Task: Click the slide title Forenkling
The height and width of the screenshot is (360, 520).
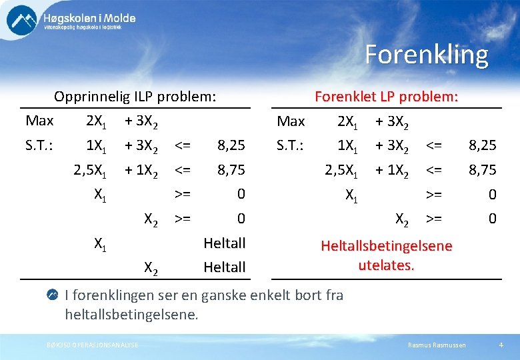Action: point(426,55)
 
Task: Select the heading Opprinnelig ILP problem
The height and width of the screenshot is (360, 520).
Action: point(135,97)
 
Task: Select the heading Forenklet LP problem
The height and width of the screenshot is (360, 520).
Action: point(386,97)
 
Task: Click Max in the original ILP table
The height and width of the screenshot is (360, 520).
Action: point(39,121)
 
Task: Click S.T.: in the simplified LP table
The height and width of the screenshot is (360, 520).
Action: point(291,145)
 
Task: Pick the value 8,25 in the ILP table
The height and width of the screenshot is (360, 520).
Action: point(231,145)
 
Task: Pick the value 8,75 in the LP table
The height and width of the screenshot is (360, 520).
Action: point(482,169)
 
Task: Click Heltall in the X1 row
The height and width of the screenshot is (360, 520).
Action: point(225,243)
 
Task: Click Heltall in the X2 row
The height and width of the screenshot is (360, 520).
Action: point(225,267)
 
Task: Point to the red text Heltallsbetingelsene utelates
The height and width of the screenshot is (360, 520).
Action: point(386,255)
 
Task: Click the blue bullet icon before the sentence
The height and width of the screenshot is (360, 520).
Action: point(53,295)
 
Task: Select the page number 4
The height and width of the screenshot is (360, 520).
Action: point(501,345)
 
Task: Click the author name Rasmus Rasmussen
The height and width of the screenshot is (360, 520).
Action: point(437,345)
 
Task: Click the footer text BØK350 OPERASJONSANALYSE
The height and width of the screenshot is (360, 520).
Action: point(93,345)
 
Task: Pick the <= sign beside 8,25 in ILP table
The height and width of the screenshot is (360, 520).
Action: point(182,145)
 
